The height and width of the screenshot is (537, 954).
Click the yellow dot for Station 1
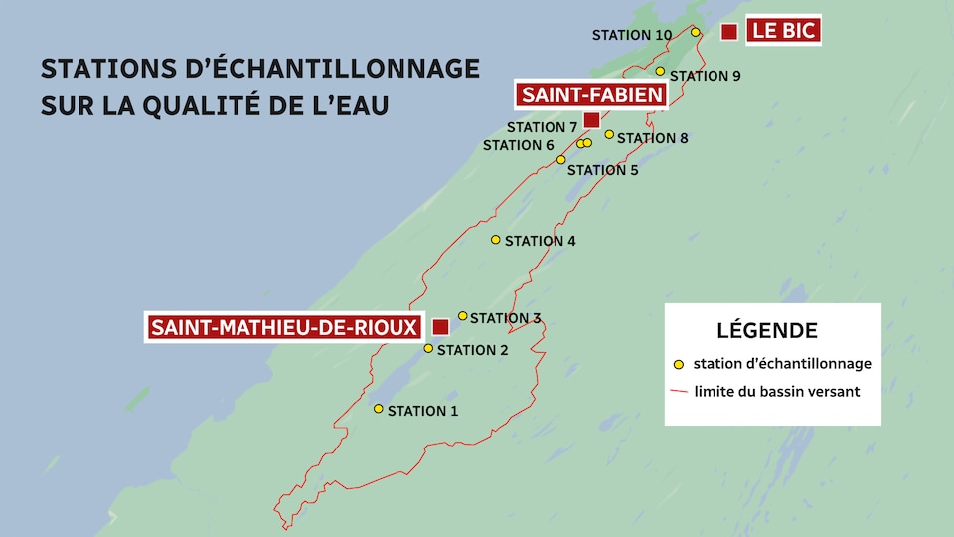(x=379, y=409)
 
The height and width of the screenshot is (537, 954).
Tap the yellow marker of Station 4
(x=496, y=240)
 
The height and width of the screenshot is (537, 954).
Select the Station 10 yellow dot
(x=696, y=33)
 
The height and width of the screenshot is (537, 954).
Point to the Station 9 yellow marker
(x=660, y=72)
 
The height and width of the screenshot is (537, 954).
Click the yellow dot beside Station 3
(x=462, y=316)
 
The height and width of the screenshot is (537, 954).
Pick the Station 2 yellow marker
(x=428, y=348)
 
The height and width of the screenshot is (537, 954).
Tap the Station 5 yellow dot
(x=560, y=160)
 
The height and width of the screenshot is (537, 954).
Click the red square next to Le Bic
(x=729, y=32)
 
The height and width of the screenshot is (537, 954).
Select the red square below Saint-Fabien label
(x=591, y=120)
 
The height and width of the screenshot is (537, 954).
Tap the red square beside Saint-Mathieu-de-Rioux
(x=440, y=326)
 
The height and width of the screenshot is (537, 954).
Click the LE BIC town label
(x=784, y=31)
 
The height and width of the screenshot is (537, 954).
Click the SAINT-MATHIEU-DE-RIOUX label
(x=284, y=327)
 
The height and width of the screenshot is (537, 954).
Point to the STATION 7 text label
(x=542, y=127)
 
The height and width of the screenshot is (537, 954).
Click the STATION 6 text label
(x=518, y=145)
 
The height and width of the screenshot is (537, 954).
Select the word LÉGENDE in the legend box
(x=767, y=330)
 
